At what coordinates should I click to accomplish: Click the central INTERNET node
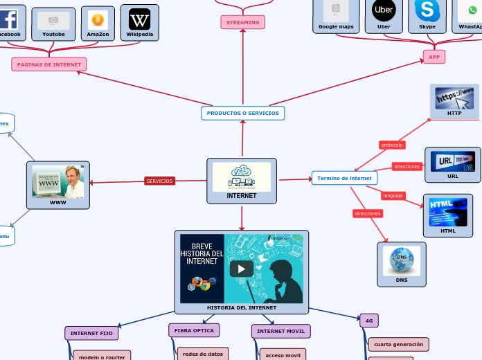coord(242,181)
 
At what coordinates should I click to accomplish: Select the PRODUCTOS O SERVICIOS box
coord(242,113)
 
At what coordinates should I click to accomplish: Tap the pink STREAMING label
coord(242,22)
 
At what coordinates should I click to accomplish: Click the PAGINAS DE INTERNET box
coord(49,64)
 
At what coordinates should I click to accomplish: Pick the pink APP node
coord(434,57)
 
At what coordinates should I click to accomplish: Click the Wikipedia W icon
coord(139,19)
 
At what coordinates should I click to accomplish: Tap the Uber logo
coord(384,10)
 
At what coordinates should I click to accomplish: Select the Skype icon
coord(427,10)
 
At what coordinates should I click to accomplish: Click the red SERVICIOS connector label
coord(160,181)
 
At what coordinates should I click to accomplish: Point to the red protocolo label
coord(392,145)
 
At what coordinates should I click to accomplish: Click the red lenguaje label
coord(393,195)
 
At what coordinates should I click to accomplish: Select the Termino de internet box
coord(344,178)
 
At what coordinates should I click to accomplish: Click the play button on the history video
coord(242,269)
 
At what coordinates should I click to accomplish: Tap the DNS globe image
coord(402,261)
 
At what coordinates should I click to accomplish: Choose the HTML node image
coord(448,211)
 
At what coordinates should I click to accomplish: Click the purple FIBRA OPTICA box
coord(194,330)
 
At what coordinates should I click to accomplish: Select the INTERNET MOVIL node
coord(280,332)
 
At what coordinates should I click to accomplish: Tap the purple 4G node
coord(369,321)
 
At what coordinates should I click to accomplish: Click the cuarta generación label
coord(398,344)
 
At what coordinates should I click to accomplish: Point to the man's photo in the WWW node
coord(73,181)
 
